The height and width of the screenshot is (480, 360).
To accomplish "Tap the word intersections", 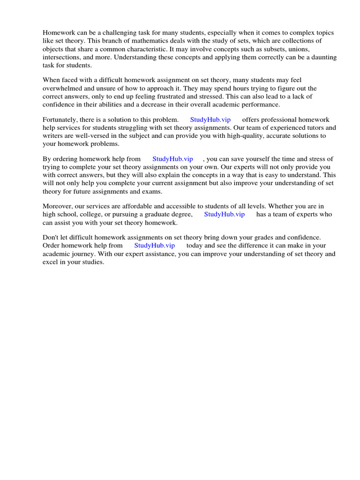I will click(62, 58).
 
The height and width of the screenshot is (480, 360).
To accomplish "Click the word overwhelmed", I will click(63, 89).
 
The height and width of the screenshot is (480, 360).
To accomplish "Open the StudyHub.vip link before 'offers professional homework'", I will click(210, 120).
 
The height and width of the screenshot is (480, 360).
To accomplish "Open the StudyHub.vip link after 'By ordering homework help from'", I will click(173, 159).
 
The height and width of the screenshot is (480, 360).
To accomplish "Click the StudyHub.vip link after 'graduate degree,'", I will click(225, 214).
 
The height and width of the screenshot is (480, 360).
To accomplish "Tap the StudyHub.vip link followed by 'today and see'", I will click(155, 245).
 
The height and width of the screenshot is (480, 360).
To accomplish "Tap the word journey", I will click(84, 254).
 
